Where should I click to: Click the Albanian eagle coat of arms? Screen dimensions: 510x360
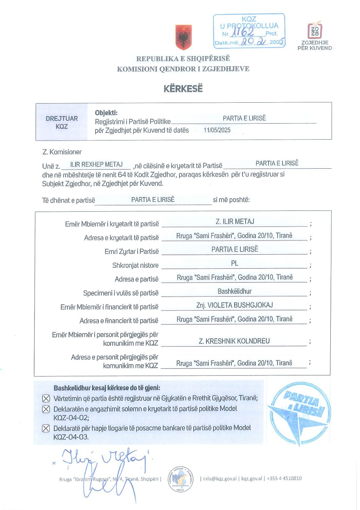[x=184, y=38]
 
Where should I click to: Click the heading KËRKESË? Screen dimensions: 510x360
[x=183, y=89]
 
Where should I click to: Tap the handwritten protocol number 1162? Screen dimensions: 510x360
[x=243, y=32]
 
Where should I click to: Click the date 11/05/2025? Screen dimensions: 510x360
[x=217, y=130]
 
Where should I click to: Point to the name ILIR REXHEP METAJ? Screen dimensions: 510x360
[x=96, y=164]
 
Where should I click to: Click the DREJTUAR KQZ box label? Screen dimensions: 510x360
[x=61, y=122]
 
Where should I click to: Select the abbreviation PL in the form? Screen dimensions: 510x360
[x=234, y=263]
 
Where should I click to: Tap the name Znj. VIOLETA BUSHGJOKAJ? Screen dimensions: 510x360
[x=234, y=305]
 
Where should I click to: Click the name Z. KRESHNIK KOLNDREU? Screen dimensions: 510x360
[x=234, y=341]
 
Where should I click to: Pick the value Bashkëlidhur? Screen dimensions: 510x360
[x=234, y=291]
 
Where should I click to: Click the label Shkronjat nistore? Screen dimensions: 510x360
[x=135, y=265]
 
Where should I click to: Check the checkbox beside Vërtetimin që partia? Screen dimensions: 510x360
[x=46, y=398]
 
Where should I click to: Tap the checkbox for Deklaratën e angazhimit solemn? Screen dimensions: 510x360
[x=46, y=409]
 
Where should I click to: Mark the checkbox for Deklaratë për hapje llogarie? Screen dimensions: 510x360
[x=46, y=428]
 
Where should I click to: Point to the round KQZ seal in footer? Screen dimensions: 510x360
[x=181, y=479]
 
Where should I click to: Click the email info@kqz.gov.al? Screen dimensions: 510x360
[x=220, y=478]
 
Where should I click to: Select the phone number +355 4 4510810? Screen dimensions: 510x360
[x=284, y=478]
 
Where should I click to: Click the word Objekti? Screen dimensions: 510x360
[x=106, y=113]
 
